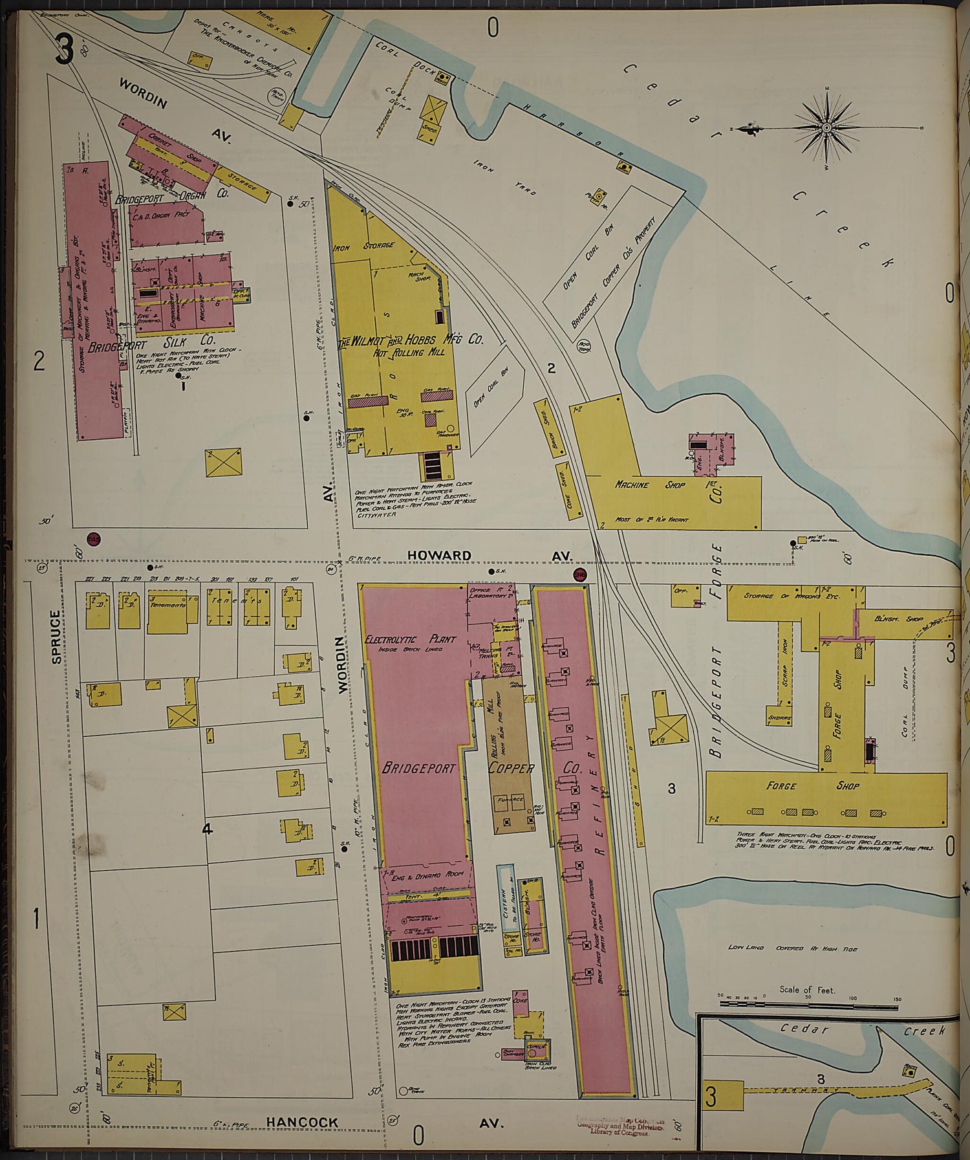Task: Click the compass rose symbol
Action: (x=826, y=127)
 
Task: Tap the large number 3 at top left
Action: (x=63, y=50)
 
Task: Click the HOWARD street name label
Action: (x=439, y=555)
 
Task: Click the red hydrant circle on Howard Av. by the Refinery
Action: (x=579, y=574)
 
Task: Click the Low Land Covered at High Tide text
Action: (x=792, y=948)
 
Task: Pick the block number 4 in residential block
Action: (x=207, y=829)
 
